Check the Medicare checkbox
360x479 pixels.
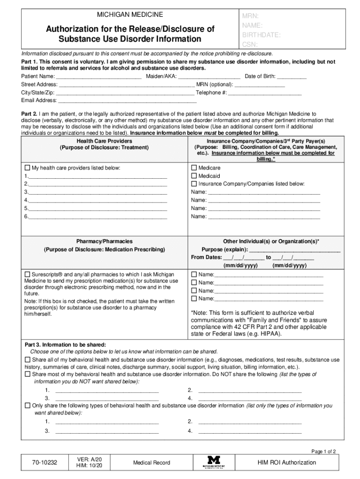pos(194,168)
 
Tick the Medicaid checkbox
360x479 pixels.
pos(194,176)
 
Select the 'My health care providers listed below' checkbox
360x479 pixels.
pos(27,168)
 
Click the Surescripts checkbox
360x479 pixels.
pos(27,274)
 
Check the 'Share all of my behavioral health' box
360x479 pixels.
pos(27,360)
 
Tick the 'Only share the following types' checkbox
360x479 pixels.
pos(27,406)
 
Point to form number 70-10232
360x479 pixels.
pos(44,463)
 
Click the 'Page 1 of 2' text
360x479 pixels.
pos(324,451)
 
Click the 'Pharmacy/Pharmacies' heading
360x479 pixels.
pos(104,241)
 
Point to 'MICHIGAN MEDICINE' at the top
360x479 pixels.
pos(130,15)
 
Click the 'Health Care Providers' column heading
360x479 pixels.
pos(104,141)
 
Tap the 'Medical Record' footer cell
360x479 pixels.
pos(151,463)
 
